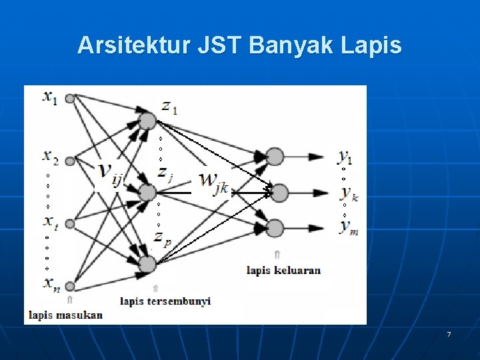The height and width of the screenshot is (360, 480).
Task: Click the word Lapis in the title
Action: point(371,45)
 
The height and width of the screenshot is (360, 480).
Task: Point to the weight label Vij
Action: point(111,174)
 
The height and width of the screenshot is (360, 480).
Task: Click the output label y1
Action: point(345,157)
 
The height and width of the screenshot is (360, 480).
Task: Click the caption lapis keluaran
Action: point(283,270)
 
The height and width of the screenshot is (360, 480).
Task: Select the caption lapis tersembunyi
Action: point(165,301)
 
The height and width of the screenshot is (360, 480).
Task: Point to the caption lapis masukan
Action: point(65,314)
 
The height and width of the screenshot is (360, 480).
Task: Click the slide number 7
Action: point(449,334)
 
